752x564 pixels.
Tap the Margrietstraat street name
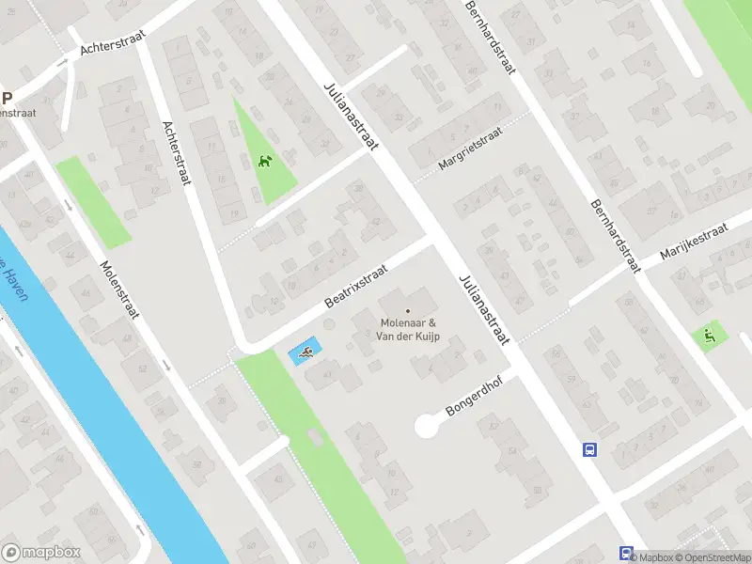pyautogui.click(x=470, y=149)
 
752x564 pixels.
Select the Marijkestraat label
pyautogui.click(x=694, y=242)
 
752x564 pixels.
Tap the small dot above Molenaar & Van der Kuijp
pyautogui.click(x=408, y=310)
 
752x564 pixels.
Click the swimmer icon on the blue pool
pyautogui.click(x=305, y=354)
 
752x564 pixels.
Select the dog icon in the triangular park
pyautogui.click(x=265, y=162)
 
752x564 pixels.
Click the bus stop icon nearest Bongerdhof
pyautogui.click(x=589, y=449)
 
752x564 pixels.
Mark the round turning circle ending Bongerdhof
pyautogui.click(x=427, y=428)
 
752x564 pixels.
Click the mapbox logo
pyautogui.click(x=41, y=553)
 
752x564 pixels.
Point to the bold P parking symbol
pyautogui.click(x=7, y=97)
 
